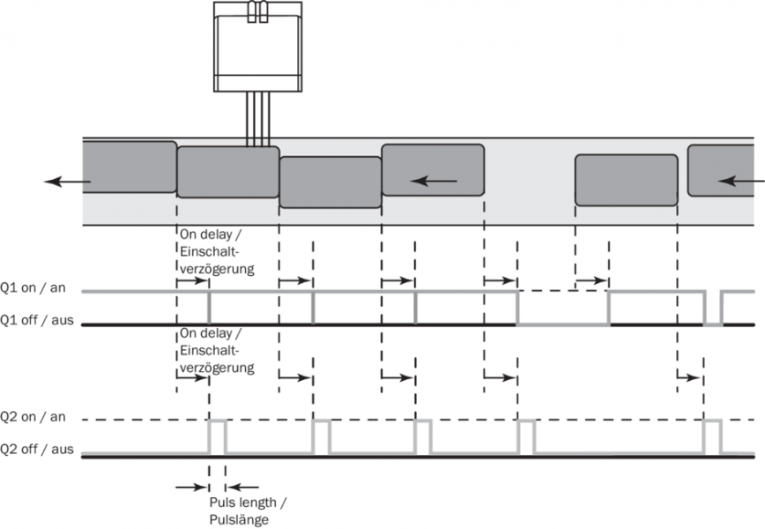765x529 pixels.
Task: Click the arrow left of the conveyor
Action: tap(67, 181)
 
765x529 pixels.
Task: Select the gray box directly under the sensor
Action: tap(228, 172)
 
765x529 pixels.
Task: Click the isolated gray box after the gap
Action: tap(626, 180)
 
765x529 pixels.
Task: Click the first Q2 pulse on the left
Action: tap(217, 436)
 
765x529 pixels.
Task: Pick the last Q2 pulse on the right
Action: tap(711, 436)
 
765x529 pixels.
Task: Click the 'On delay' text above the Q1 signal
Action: tap(215, 250)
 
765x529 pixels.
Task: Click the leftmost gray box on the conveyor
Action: tap(129, 168)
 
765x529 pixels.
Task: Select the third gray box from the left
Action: tap(331, 183)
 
